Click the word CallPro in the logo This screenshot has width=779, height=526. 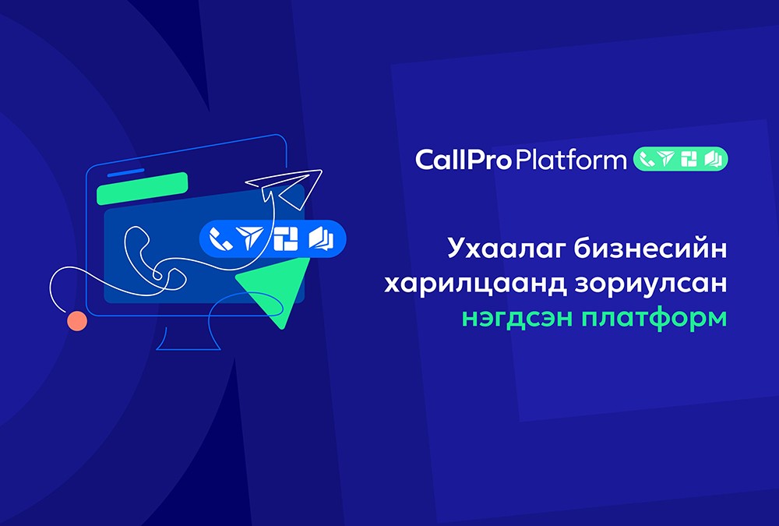[464, 160]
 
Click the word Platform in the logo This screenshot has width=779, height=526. [570, 160]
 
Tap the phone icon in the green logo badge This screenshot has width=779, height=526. [647, 160]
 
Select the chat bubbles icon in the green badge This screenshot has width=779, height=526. [714, 160]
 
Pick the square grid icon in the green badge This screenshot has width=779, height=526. [690, 160]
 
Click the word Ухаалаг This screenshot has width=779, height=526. [506, 249]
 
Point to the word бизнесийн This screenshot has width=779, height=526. [650, 248]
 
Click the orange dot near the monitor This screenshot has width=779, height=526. [77, 321]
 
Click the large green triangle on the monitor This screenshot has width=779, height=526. [276, 288]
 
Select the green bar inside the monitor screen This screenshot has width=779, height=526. [142, 189]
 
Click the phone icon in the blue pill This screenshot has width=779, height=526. [220, 238]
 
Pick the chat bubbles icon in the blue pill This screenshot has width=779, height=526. [322, 238]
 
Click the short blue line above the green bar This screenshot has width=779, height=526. [125, 172]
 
